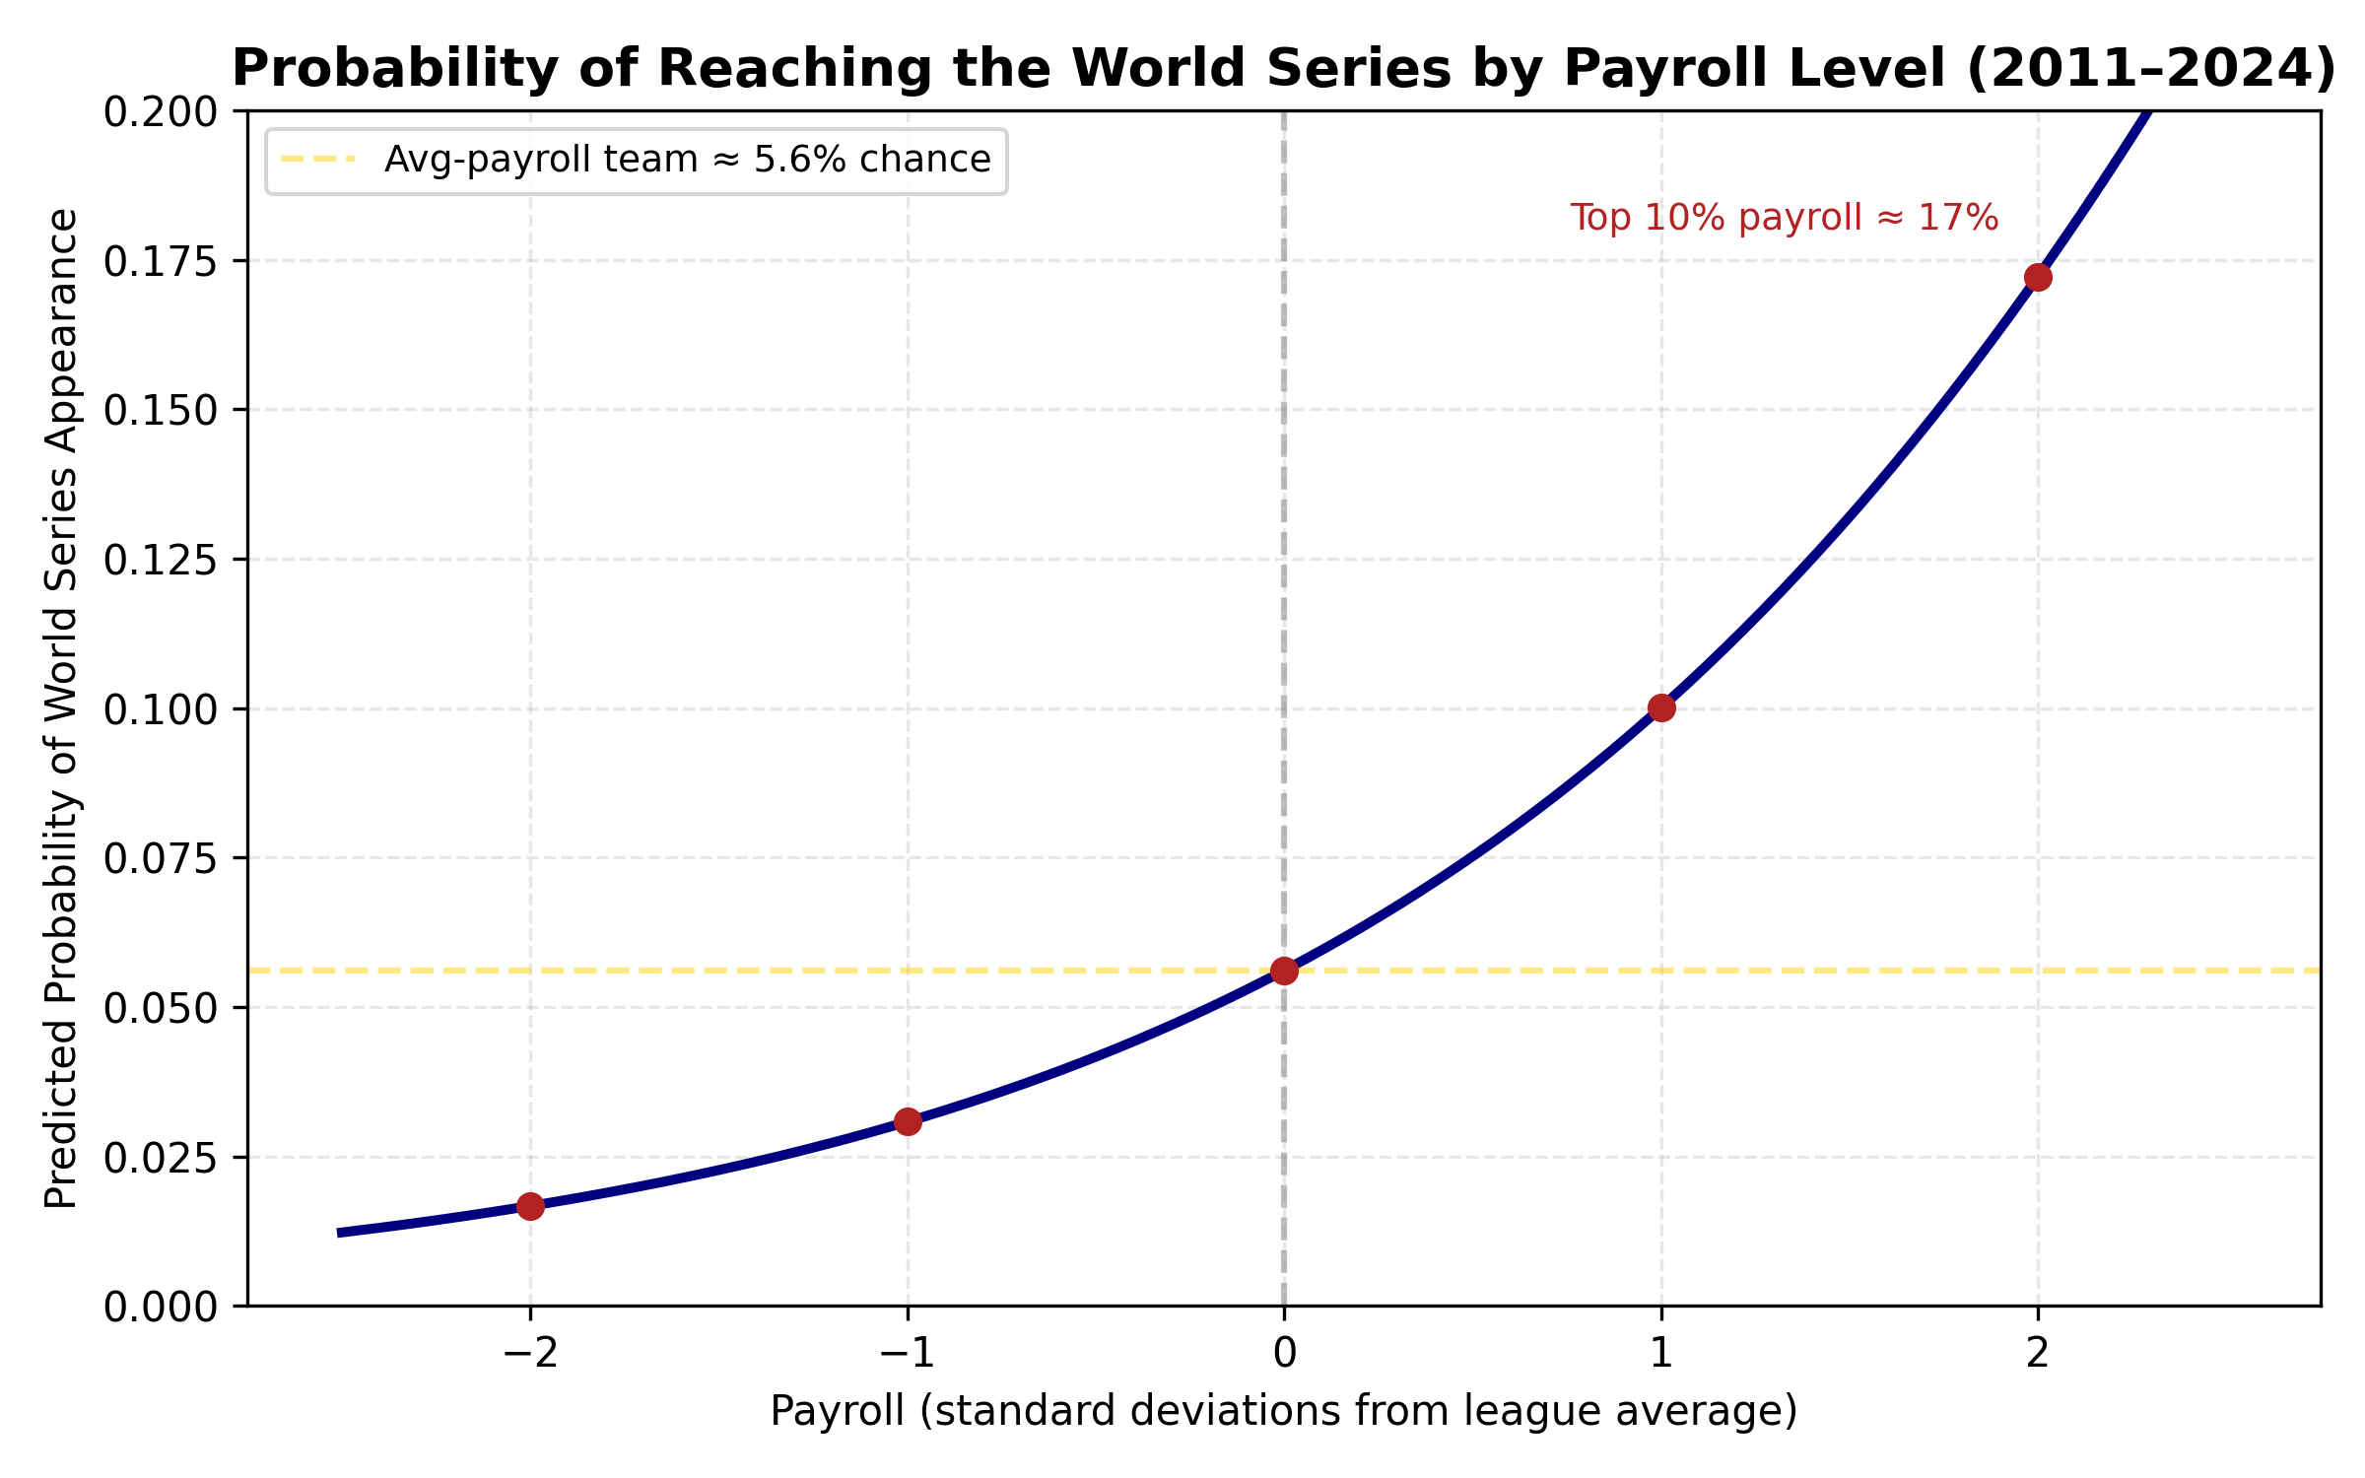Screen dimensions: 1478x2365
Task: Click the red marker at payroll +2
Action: click(2038, 278)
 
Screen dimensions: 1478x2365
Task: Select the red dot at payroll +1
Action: click(1661, 707)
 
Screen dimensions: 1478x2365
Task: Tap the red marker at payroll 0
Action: click(1284, 971)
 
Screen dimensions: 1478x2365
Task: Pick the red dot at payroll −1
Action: click(908, 1121)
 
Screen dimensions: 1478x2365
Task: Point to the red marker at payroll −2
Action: click(530, 1206)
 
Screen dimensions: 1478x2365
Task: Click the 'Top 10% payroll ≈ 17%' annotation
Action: click(1784, 218)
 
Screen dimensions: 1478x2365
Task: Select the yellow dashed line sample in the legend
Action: click(317, 160)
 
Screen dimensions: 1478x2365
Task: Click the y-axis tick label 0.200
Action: click(161, 112)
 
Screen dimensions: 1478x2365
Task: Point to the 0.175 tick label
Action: click(161, 261)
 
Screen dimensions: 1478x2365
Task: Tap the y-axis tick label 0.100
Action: click(161, 709)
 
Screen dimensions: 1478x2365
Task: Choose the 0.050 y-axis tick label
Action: click(161, 1008)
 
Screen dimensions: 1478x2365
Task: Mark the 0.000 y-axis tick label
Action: click(161, 1307)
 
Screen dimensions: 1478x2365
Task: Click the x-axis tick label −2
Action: click(530, 1354)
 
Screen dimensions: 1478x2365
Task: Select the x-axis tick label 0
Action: click(1284, 1354)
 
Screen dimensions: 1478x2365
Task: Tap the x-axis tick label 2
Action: click(2038, 1354)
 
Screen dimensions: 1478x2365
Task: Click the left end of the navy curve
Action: click(340, 1233)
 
